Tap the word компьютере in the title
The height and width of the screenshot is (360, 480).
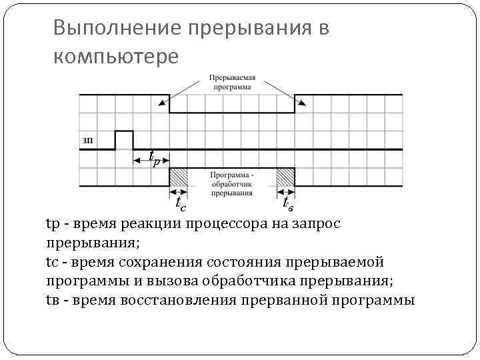click(x=116, y=57)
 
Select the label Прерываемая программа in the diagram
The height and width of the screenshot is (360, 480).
click(x=232, y=82)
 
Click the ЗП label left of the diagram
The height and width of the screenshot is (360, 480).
click(x=87, y=140)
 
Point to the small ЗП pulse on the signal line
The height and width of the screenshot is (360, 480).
click(x=124, y=139)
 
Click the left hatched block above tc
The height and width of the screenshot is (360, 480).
click(x=178, y=177)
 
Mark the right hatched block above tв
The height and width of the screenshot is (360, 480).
click(x=286, y=177)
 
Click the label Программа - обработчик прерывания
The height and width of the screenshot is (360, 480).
click(x=232, y=184)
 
